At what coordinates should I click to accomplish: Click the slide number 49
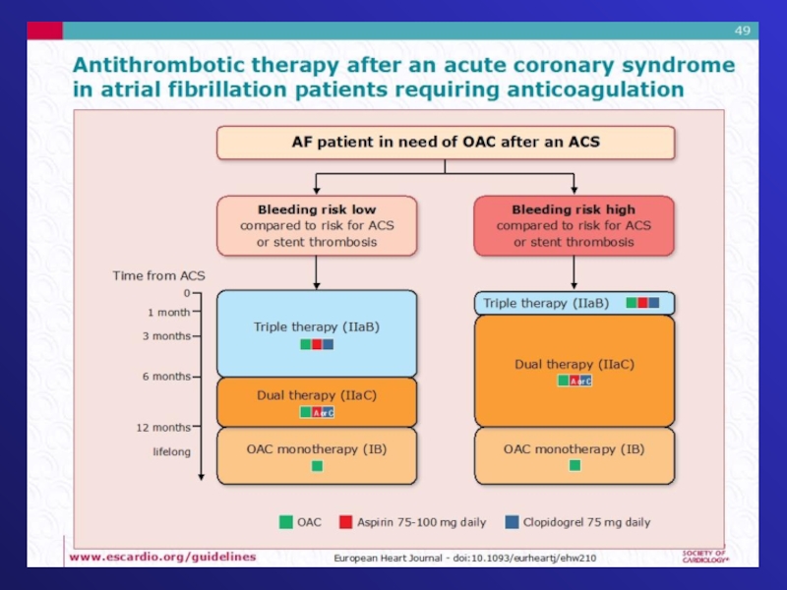[x=742, y=31]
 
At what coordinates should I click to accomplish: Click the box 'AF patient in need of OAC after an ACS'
[x=446, y=143]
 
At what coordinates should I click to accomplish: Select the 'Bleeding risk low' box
[x=317, y=225]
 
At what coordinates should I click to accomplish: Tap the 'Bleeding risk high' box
[x=574, y=225]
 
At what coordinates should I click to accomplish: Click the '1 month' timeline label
[x=168, y=313]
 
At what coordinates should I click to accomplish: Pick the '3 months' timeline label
[x=165, y=335]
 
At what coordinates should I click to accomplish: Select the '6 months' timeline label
[x=165, y=377]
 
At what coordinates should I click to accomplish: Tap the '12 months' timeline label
[x=163, y=428]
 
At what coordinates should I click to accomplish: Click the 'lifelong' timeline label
[x=171, y=452]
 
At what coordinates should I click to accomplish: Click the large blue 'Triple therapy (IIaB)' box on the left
[x=317, y=333]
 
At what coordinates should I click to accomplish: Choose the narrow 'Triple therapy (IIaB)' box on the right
[x=574, y=303]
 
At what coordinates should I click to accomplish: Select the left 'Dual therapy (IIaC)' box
[x=317, y=401]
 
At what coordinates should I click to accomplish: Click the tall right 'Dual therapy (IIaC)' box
[x=575, y=371]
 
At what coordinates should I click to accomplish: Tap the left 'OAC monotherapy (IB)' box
[x=317, y=455]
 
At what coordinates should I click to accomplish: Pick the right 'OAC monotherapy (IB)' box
[x=575, y=455]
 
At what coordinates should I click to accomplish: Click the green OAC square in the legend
[x=285, y=522]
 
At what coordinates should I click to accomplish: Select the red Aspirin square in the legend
[x=346, y=522]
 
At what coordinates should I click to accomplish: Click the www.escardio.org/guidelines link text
[x=161, y=557]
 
